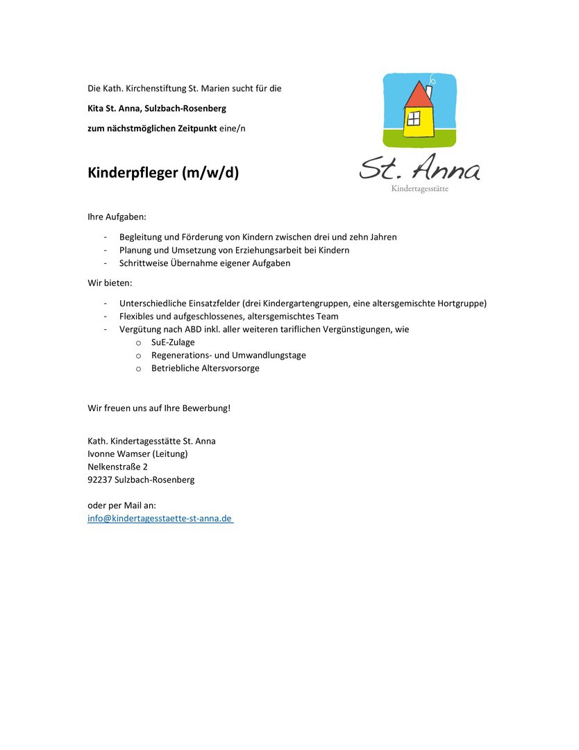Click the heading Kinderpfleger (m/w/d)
click(x=163, y=173)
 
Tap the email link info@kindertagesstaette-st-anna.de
click(x=160, y=518)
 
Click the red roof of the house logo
click(x=418, y=95)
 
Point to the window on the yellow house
click(x=414, y=118)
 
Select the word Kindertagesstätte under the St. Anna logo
click(x=419, y=189)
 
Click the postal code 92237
click(x=100, y=480)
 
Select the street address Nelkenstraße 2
click(x=117, y=467)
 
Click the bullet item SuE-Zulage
click(x=173, y=342)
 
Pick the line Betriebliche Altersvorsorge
click(x=205, y=368)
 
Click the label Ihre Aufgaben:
click(x=117, y=217)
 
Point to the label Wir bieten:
click(x=110, y=283)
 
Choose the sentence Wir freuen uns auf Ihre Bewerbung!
click(x=159, y=408)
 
